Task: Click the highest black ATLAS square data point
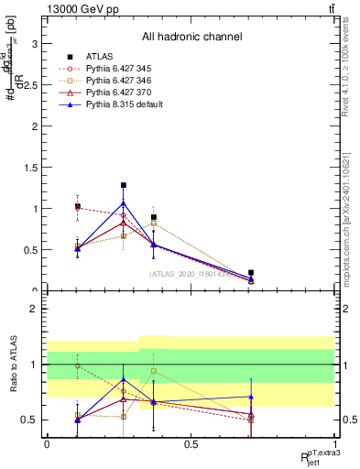[x=123, y=185]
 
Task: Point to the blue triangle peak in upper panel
[x=123, y=202]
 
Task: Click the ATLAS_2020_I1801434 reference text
[x=191, y=274]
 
